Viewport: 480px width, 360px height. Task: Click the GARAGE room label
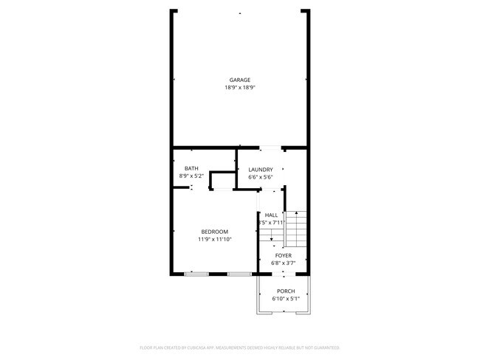click(239, 80)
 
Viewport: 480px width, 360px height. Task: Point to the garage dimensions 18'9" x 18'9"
click(239, 88)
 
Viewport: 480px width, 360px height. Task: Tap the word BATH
click(191, 168)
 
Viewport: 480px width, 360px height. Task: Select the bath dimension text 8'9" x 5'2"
click(191, 176)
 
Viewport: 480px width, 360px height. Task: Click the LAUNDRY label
click(261, 169)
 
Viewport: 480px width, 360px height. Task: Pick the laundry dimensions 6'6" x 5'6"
click(261, 177)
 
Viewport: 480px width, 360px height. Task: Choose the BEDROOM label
click(214, 232)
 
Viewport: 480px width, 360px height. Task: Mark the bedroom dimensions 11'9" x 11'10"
click(214, 240)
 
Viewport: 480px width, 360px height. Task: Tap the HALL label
click(271, 215)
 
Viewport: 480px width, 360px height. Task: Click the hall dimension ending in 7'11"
click(271, 223)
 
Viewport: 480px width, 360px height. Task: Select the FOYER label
click(284, 255)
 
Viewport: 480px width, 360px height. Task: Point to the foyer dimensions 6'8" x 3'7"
click(284, 263)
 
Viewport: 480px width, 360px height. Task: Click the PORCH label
click(285, 291)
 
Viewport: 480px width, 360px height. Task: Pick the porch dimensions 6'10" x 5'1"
click(285, 299)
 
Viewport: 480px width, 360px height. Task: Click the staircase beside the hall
click(295, 229)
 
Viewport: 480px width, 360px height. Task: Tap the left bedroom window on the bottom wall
click(196, 274)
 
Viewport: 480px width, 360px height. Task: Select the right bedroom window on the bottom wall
click(239, 274)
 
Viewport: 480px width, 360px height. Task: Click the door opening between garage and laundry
click(270, 148)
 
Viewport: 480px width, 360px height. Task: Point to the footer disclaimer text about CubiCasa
click(239, 347)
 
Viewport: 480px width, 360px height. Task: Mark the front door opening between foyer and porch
click(284, 274)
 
